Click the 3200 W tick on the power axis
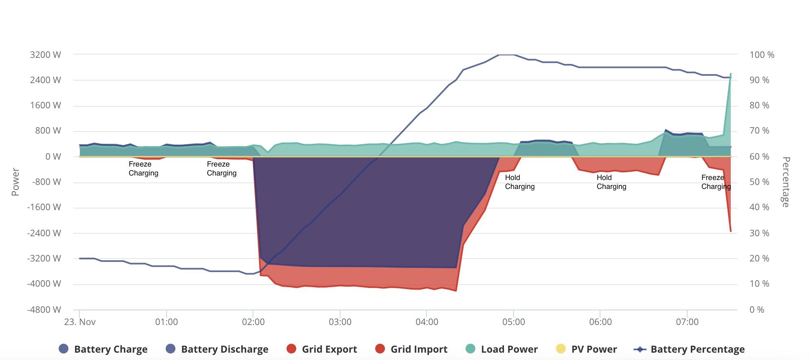click(x=45, y=55)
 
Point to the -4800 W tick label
click(x=44, y=310)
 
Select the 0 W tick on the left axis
click(x=53, y=157)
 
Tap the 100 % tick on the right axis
click(x=761, y=55)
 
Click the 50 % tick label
click(x=759, y=182)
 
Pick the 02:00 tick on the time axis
click(x=253, y=322)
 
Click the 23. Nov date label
click(x=80, y=322)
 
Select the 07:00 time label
click(x=687, y=322)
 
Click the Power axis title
click(x=15, y=182)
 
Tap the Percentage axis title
click(x=786, y=182)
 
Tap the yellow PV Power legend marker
click(x=561, y=349)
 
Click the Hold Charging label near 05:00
click(x=519, y=182)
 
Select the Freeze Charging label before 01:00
click(x=143, y=169)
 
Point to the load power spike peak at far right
click(x=731, y=74)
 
